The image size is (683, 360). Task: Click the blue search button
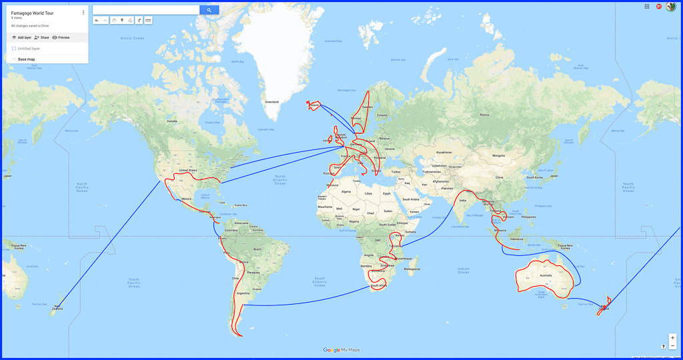point(209,10)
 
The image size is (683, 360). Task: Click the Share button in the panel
point(41,37)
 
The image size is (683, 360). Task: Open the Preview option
point(61,37)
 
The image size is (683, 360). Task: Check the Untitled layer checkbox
point(14,49)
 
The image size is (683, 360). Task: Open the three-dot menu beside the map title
point(83,13)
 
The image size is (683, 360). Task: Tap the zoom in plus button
point(673,337)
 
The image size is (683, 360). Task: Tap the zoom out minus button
point(673,346)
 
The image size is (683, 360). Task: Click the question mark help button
point(663,347)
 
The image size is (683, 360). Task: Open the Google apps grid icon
point(647,6)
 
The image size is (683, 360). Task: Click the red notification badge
point(659,6)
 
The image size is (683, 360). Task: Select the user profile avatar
point(671,7)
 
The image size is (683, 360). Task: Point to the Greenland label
point(271,102)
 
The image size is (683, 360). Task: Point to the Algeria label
point(346,191)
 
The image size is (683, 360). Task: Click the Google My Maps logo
point(341,350)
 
